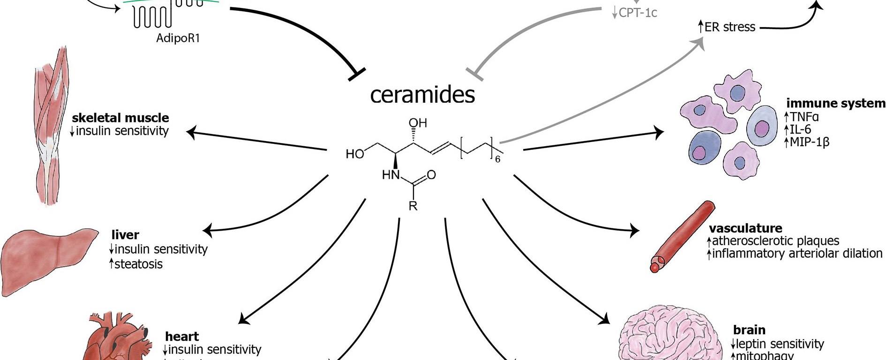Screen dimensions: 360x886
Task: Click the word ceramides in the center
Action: [x=422, y=95]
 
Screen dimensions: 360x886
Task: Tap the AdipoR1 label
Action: [x=178, y=38]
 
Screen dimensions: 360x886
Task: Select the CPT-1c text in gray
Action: [x=638, y=13]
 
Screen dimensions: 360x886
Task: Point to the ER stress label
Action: [x=729, y=27]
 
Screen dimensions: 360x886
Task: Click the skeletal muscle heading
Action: [x=120, y=118]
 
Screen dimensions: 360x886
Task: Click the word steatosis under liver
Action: [x=138, y=264]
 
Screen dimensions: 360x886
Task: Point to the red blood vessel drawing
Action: [x=682, y=237]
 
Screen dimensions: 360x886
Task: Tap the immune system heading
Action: [x=836, y=103]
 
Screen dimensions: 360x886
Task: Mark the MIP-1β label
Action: [x=809, y=142]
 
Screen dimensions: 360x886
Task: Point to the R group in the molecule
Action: [x=413, y=205]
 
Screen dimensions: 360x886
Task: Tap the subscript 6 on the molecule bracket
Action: [x=498, y=159]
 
